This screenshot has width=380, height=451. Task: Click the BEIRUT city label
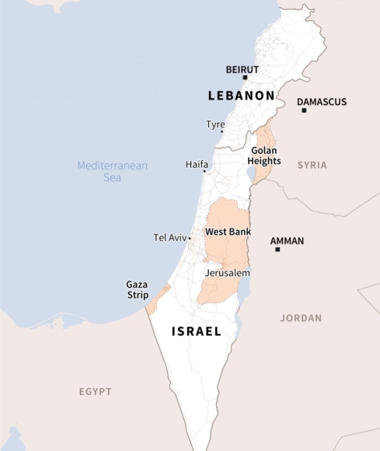tap(242, 69)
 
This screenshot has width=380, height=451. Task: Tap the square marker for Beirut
tap(245, 78)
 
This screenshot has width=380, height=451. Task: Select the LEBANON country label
tap(241, 96)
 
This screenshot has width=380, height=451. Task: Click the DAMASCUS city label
tap(322, 102)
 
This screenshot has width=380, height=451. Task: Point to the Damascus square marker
tap(304, 110)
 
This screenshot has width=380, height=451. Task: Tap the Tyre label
tap(215, 124)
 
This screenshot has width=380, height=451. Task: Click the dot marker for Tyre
tap(221, 131)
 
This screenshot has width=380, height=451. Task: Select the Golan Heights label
tap(264, 156)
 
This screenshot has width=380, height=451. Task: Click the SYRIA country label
tap(312, 165)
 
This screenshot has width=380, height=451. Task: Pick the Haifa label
tap(197, 165)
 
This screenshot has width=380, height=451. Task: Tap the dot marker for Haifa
tap(204, 171)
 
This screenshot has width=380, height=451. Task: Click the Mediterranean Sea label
tap(112, 171)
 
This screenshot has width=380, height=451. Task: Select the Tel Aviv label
tap(170, 237)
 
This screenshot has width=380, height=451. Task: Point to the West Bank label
tap(228, 232)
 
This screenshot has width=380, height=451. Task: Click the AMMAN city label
tap(287, 241)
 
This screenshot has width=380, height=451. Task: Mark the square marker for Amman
tap(277, 250)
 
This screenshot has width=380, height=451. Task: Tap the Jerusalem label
tap(228, 274)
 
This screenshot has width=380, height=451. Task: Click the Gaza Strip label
tap(137, 289)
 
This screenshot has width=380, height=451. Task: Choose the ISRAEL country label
tap(196, 331)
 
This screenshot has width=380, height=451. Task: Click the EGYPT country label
tap(95, 391)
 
